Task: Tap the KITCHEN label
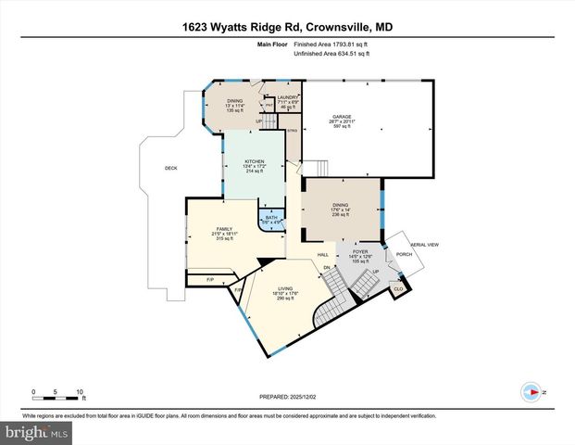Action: (x=255, y=161)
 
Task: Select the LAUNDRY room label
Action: (x=285, y=96)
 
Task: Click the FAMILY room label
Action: (x=223, y=228)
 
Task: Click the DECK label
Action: (x=170, y=168)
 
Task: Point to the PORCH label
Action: (x=404, y=254)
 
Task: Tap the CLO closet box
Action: (x=398, y=288)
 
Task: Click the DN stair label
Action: (x=326, y=268)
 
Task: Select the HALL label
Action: (x=323, y=254)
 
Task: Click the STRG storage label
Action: (x=292, y=132)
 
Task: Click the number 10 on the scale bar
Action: (x=81, y=391)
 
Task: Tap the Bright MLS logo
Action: (x=35, y=433)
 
